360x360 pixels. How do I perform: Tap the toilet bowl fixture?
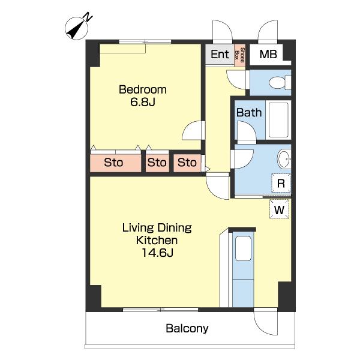point(280,82)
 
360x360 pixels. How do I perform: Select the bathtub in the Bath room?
point(278,120)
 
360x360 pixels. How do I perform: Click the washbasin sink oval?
point(284,158)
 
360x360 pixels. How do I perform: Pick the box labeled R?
point(281,183)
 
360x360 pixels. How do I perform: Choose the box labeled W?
point(279,209)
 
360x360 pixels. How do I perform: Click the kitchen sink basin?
point(243,248)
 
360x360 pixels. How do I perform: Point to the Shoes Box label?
point(240,55)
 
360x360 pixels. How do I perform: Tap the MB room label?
point(268,54)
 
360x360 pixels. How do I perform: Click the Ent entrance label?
point(220,54)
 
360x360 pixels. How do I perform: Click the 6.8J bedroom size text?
point(143,102)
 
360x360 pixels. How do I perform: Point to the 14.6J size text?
point(157,253)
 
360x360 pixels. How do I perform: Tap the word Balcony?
point(187,329)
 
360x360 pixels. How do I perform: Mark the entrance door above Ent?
point(223,32)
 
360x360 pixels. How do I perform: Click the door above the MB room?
point(268,32)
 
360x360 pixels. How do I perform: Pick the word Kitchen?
point(157,240)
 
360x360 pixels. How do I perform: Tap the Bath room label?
point(249,113)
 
